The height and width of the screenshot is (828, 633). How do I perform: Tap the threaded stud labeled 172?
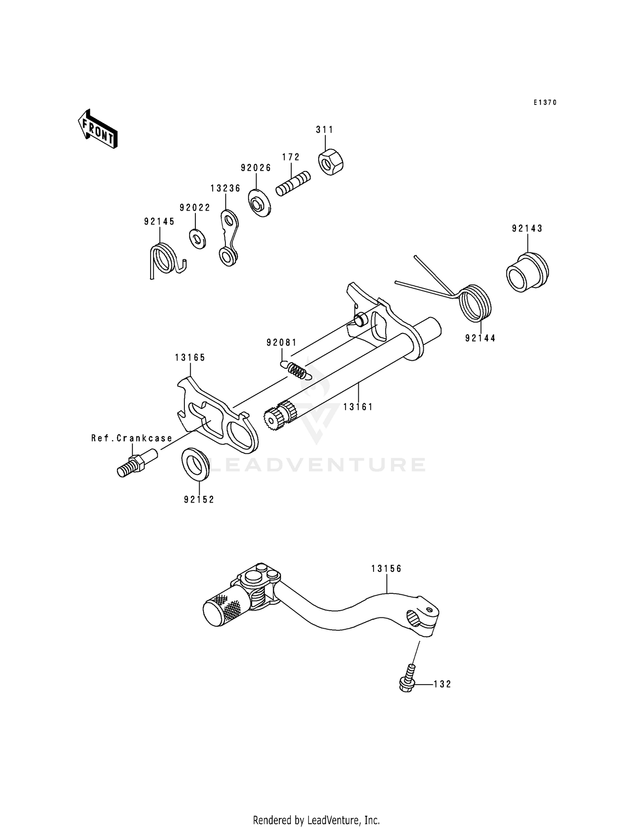293,184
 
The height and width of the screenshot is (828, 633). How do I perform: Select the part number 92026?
256,168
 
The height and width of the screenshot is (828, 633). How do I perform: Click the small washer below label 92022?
197,239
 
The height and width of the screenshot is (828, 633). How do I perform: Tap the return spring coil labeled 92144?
476,303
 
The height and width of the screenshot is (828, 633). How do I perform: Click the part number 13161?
358,407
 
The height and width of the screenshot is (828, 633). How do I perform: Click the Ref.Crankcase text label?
132,438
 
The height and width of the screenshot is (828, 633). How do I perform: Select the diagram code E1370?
544,103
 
